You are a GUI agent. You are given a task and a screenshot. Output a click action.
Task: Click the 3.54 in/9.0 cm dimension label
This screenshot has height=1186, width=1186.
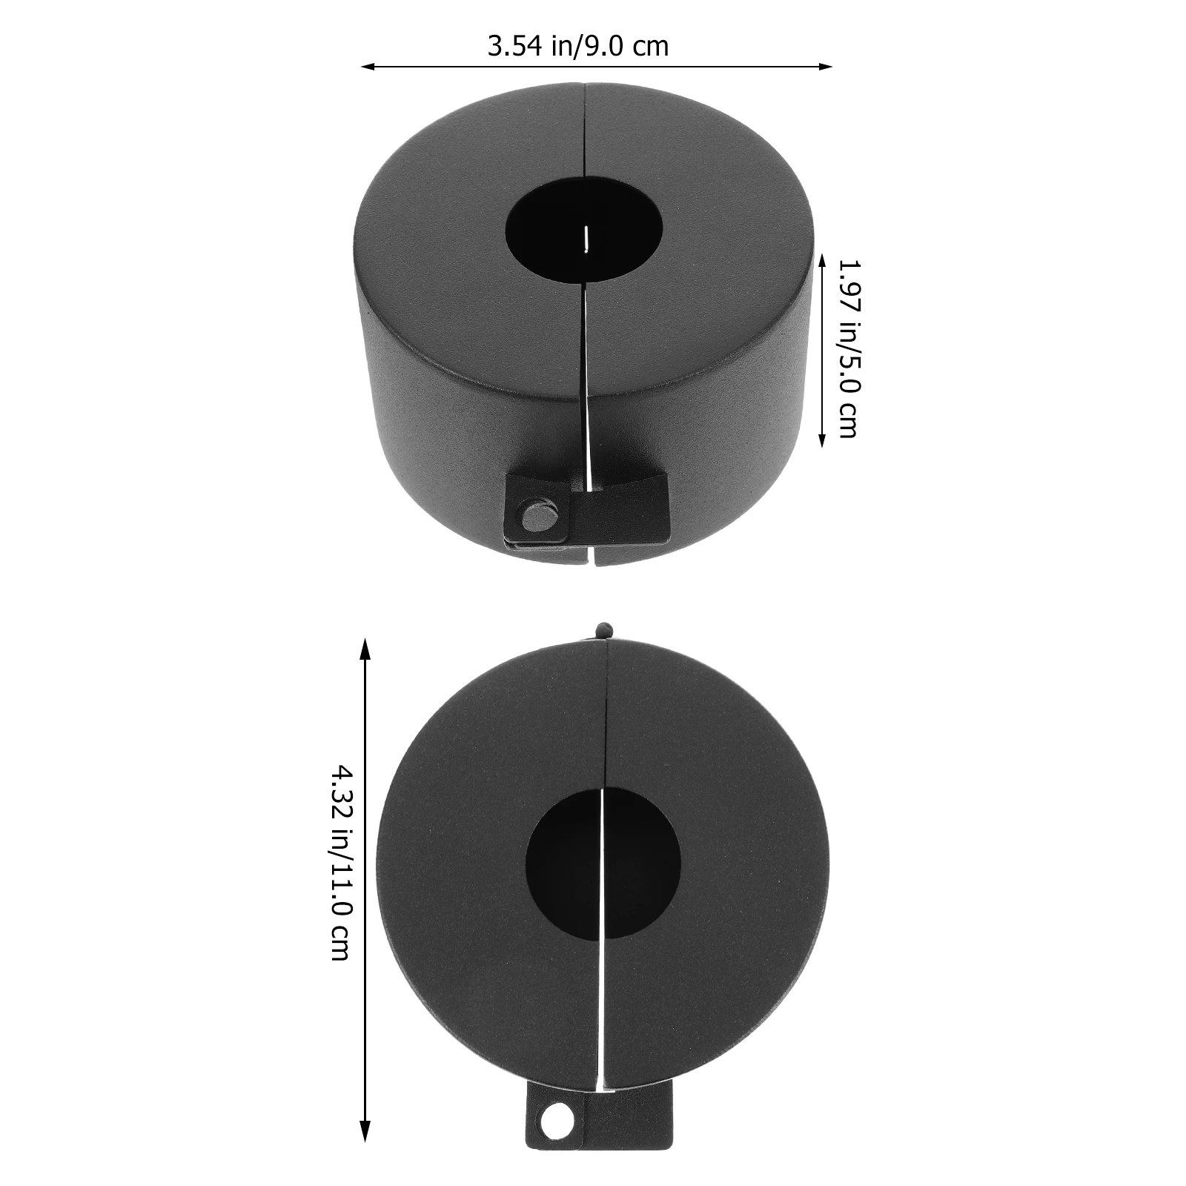pos(577,46)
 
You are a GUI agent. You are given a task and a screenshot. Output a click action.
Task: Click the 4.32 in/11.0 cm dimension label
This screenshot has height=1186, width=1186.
pos(339,863)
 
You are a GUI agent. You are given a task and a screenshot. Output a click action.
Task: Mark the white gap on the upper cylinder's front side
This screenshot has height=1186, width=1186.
pos(588,385)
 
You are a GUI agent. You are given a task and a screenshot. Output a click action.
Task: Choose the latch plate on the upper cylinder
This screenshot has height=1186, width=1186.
pos(586,508)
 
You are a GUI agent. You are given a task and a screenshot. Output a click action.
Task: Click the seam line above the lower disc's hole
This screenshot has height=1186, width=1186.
pos(606,712)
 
